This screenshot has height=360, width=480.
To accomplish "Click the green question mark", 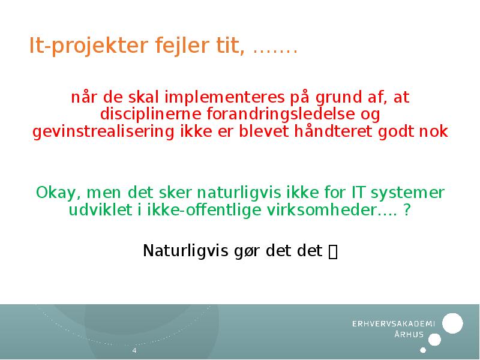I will pos(408,211).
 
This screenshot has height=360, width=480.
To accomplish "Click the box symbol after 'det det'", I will pos(334,252).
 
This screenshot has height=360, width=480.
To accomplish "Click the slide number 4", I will pos(134,350).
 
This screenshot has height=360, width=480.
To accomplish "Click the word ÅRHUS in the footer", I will pos(409,335).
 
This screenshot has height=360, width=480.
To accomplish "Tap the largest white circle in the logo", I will pos(452,323).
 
